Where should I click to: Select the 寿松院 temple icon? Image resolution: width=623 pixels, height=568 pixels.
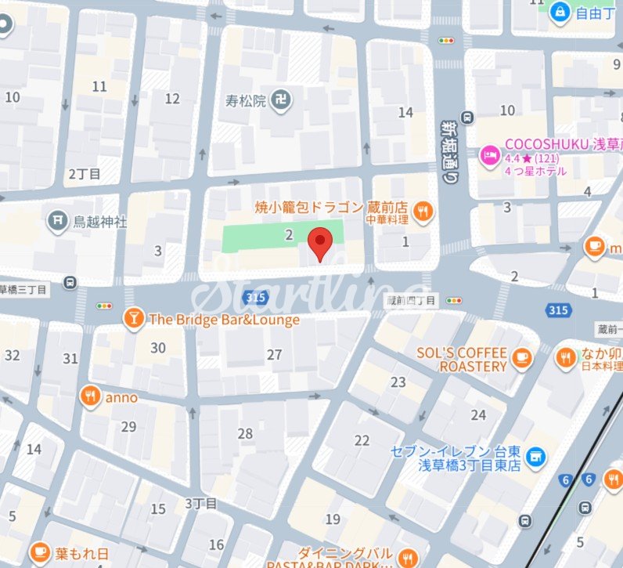(x=283, y=100)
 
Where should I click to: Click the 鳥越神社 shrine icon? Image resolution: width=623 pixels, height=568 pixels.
(x=57, y=221)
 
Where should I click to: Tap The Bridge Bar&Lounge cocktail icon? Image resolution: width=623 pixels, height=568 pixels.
(x=134, y=319)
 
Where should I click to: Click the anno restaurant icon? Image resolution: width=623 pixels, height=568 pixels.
(x=91, y=397)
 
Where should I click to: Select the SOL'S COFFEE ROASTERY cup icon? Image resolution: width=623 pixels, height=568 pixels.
(x=521, y=360)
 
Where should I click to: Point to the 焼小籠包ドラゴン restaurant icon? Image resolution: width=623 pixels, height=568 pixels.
(x=423, y=210)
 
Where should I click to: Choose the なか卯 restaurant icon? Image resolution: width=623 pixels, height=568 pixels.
(x=565, y=358)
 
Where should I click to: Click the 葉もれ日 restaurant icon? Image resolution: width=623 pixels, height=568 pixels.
(x=39, y=552)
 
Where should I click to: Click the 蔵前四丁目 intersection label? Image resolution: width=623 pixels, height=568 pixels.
(x=413, y=300)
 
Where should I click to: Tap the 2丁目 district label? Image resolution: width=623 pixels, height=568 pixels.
(x=85, y=173)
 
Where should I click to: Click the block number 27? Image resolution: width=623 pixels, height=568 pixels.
(x=274, y=355)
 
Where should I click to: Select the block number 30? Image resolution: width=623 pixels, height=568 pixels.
(x=158, y=348)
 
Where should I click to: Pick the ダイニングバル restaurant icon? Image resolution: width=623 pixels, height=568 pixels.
(x=406, y=558)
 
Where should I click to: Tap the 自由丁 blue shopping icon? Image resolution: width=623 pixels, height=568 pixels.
(x=560, y=12)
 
